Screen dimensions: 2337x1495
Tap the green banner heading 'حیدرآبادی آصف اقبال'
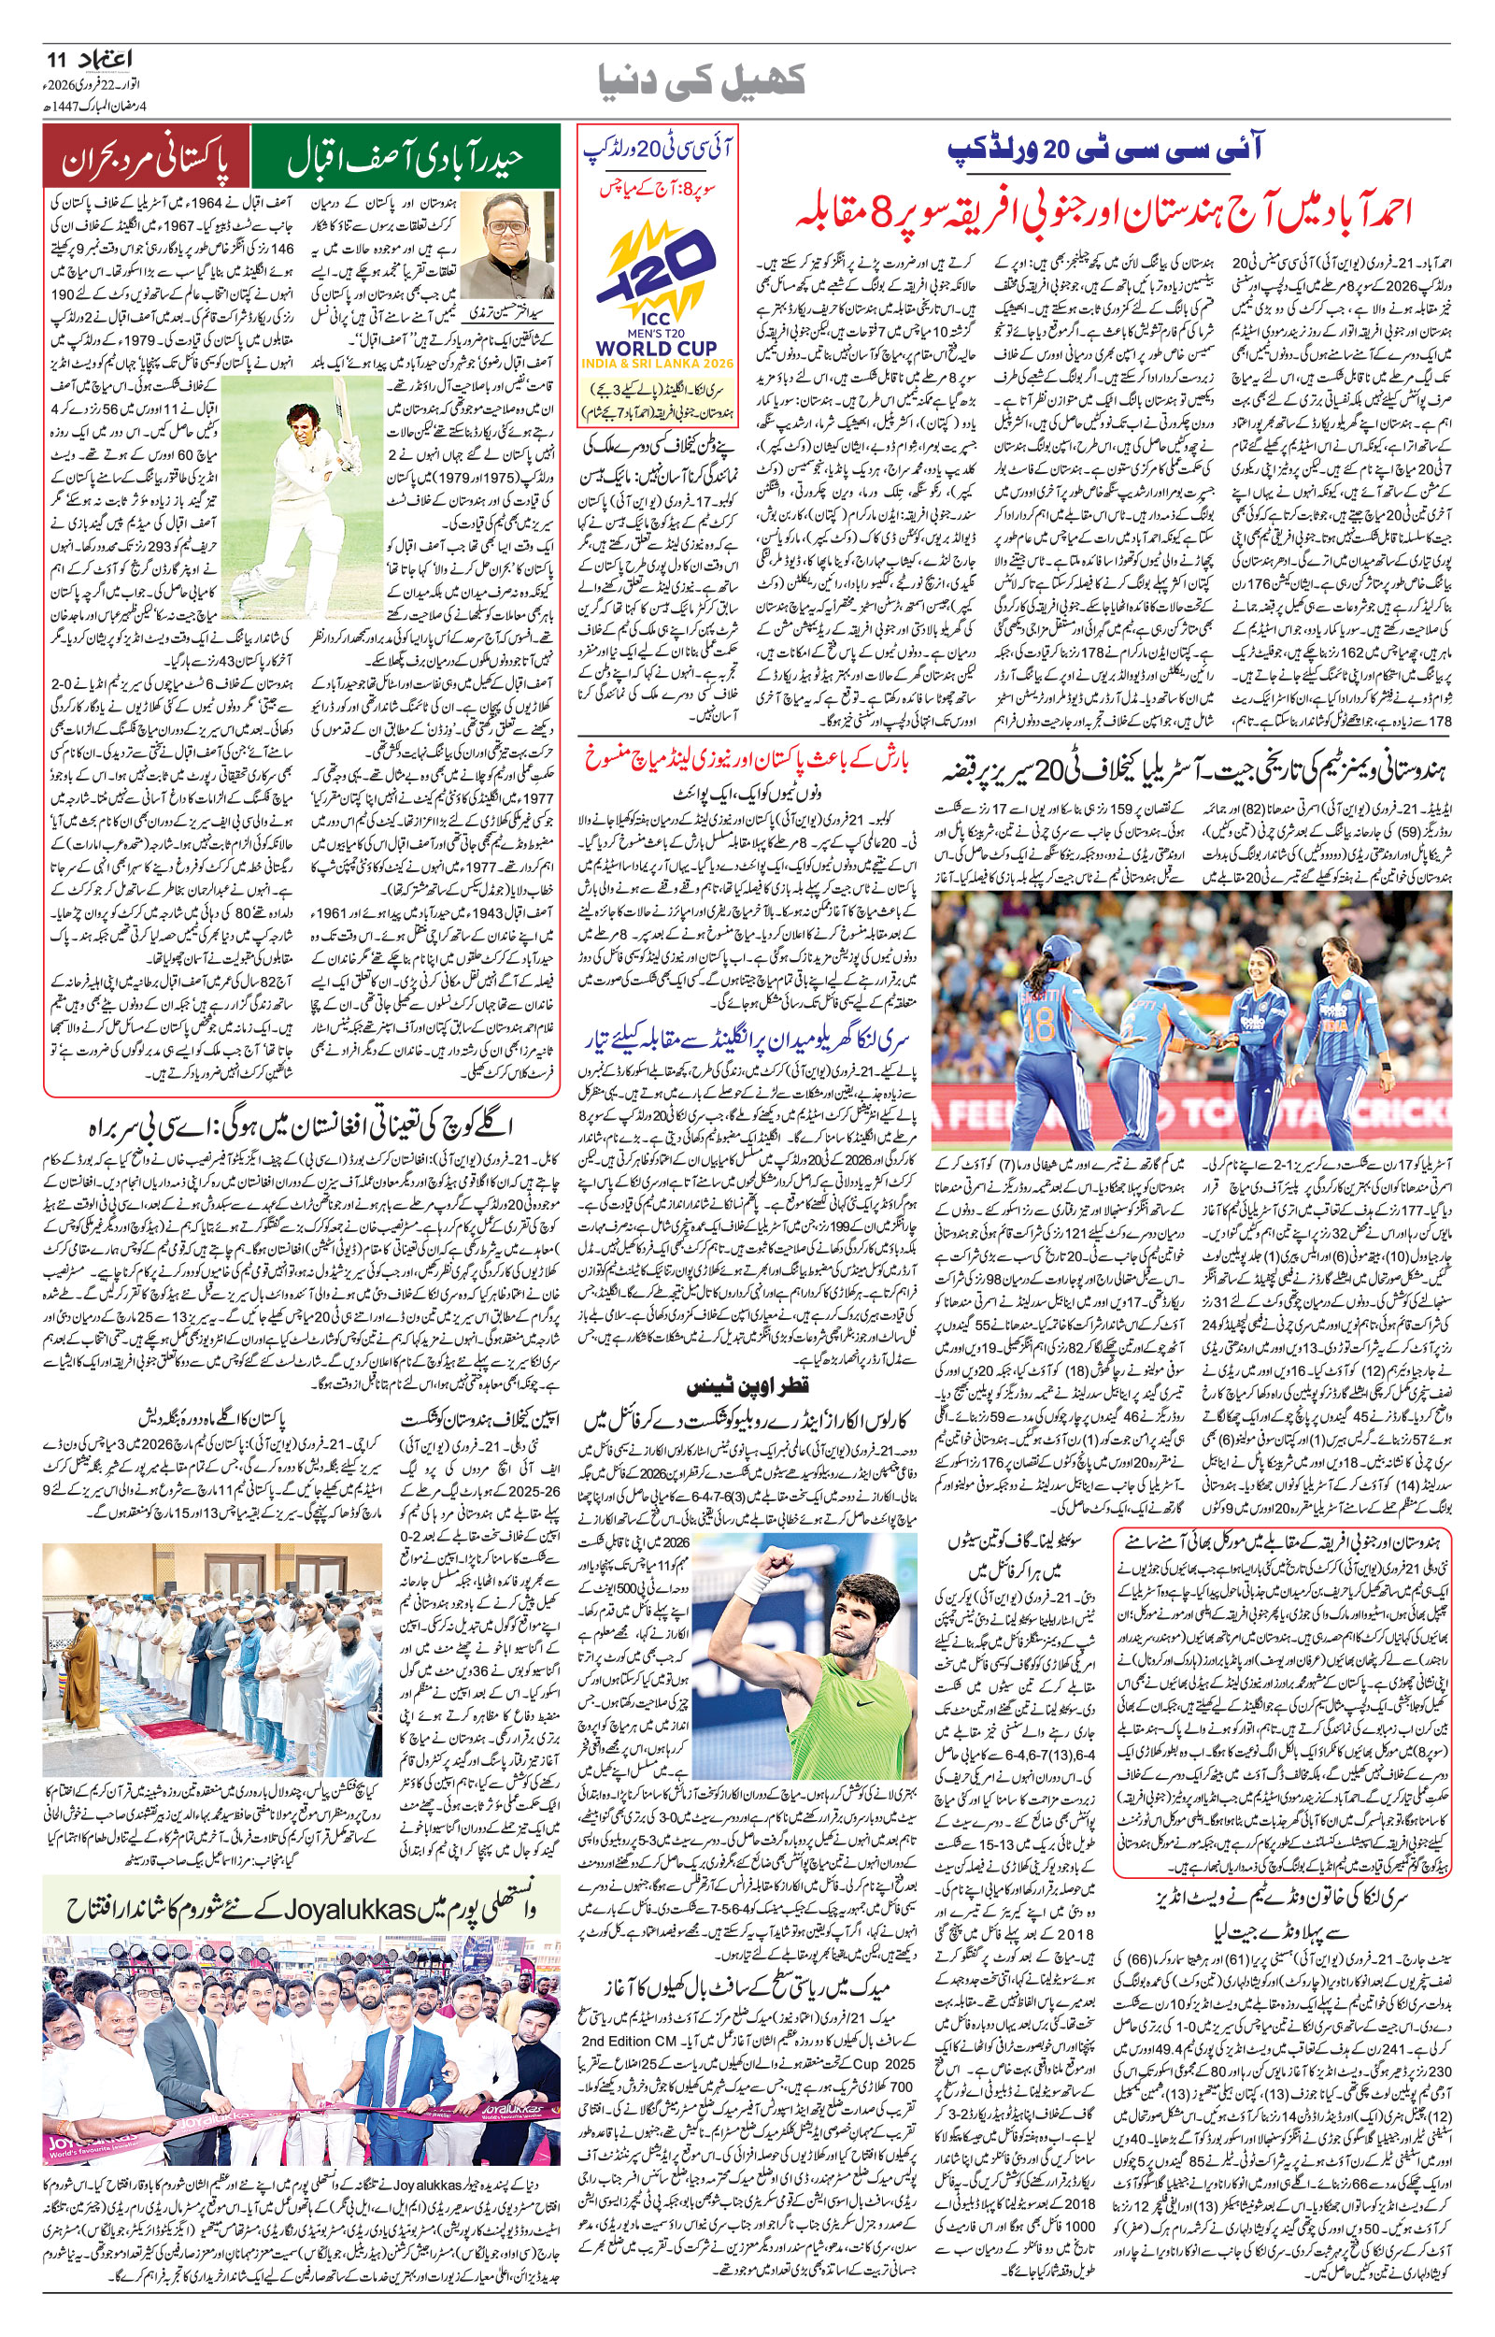(405, 158)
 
